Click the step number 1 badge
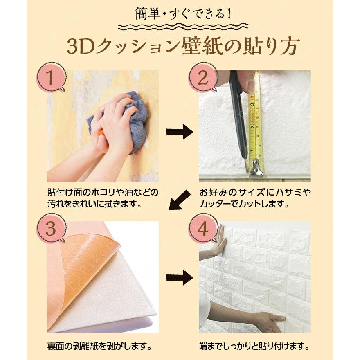pos(51,78)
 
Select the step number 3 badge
pos(51,228)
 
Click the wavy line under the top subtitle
pos(183,27)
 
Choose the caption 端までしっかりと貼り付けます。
pos(254,347)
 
